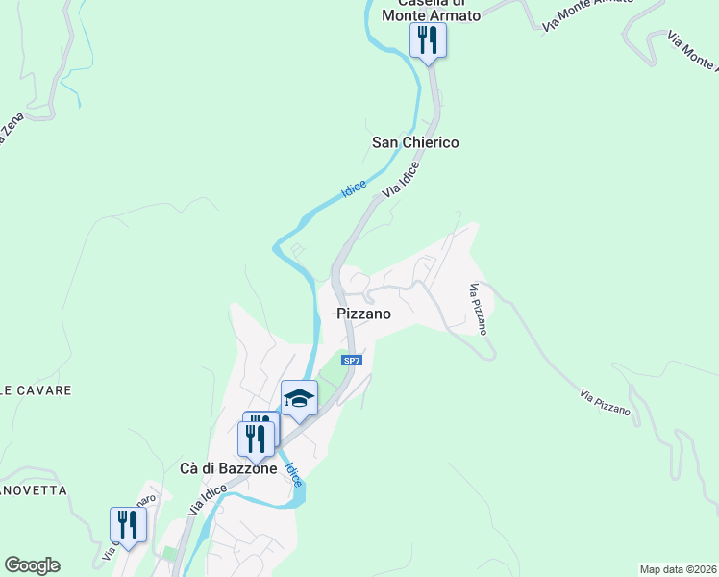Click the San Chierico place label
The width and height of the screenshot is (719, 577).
[415, 142]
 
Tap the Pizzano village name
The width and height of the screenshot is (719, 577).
[362, 314]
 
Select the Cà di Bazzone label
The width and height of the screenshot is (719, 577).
[229, 468]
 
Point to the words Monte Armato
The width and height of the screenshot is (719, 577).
[431, 14]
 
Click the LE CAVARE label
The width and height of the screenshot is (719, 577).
[36, 391]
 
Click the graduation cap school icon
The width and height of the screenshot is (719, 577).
[299, 398]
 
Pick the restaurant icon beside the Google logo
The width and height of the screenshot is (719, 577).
[128, 525]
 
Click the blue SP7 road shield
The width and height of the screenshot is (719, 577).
[353, 361]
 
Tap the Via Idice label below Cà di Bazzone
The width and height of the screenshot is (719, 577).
[208, 499]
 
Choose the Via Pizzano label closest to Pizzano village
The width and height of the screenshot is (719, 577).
[479, 309]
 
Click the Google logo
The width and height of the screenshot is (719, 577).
[32, 565]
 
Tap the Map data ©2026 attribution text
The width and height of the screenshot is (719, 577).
[678, 569]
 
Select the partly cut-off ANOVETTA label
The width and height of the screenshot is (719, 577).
[34, 490]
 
